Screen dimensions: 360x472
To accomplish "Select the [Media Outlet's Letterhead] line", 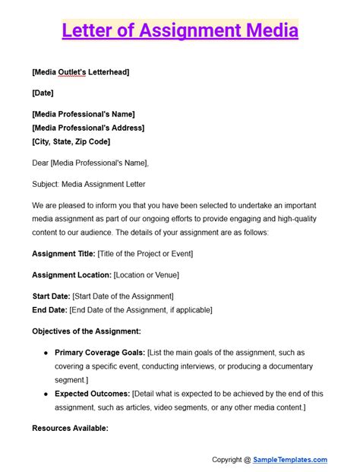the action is coord(81,72).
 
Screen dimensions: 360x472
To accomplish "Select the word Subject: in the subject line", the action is coord(48,184).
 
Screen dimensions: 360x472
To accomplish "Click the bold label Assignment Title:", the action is coord(64,253).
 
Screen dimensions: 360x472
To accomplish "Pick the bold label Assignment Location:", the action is coord(72,274).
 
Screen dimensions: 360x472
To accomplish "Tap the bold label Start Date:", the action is coord(51,296).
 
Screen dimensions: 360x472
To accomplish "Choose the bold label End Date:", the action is coord(49,309).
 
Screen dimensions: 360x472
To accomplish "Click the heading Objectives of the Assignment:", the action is coord(87,331).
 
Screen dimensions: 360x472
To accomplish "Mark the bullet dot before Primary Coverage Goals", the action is coord(47,353).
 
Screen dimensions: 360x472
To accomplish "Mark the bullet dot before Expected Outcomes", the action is coord(47,394).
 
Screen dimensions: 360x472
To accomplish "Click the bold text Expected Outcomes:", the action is coord(92,394).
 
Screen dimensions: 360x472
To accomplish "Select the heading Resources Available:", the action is coord(70,428).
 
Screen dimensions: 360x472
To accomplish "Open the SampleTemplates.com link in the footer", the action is coord(291,459).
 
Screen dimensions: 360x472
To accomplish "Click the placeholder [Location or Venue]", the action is coord(146,274).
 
